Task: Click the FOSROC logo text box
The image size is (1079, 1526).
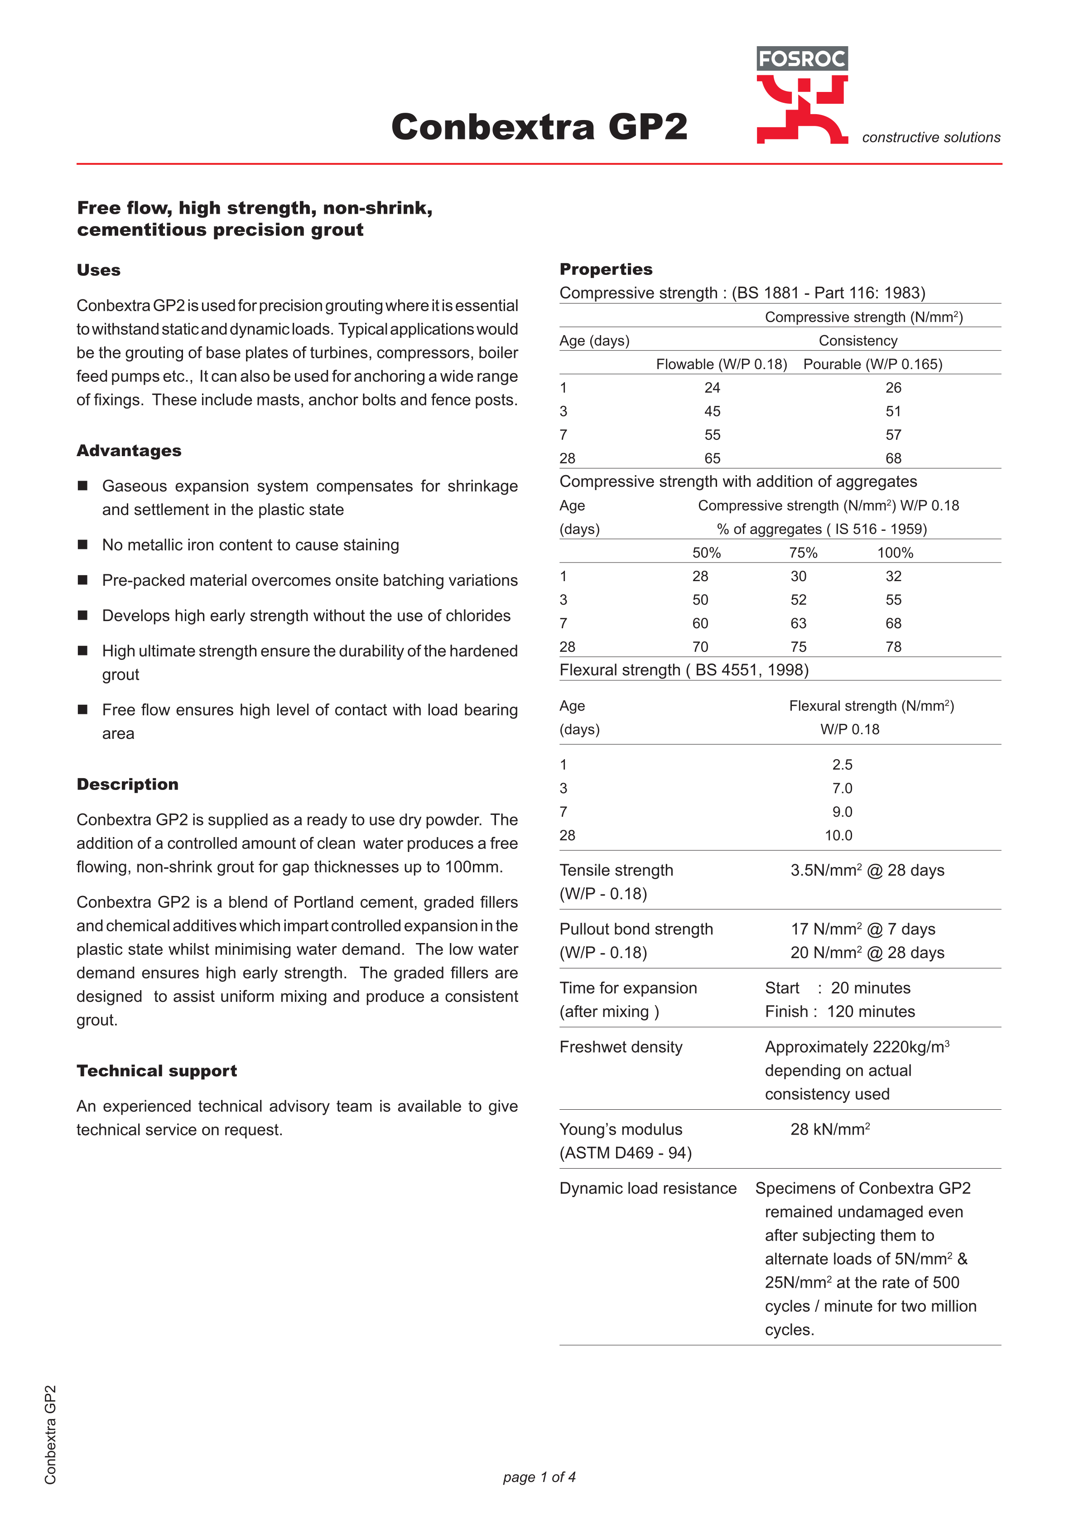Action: point(802,58)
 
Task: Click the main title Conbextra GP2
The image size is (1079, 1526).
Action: point(539,126)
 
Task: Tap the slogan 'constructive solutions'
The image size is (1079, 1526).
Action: point(931,138)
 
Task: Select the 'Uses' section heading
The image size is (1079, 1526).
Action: point(98,270)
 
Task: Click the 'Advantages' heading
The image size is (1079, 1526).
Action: point(129,451)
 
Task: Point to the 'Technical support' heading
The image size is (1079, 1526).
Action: point(157,1071)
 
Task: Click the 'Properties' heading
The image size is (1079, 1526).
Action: point(606,269)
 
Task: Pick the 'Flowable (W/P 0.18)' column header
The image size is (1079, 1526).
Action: point(721,364)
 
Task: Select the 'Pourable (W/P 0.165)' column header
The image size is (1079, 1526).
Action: point(872,364)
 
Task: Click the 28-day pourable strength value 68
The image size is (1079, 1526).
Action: point(893,458)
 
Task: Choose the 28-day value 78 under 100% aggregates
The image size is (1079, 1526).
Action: point(893,647)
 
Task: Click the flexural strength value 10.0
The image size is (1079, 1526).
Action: point(838,835)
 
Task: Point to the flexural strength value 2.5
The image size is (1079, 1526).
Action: point(842,765)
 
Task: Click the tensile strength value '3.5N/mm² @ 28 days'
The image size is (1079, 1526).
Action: point(867,871)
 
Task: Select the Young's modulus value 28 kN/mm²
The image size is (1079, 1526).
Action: point(830,1130)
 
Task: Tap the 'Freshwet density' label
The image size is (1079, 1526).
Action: point(621,1048)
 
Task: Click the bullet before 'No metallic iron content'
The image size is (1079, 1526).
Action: point(83,544)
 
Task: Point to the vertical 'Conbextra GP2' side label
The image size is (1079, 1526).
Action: point(51,1435)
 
